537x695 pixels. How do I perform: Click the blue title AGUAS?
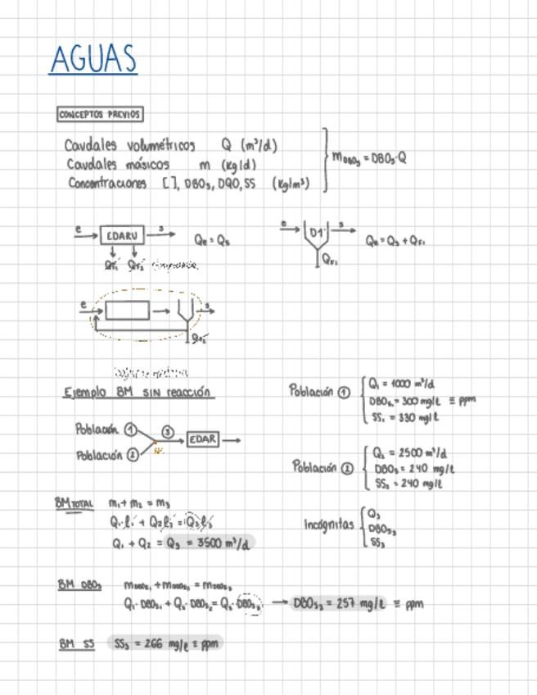pos(93,59)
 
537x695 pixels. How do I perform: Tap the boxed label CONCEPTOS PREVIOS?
pos(100,115)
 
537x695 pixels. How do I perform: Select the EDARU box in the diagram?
pos(122,235)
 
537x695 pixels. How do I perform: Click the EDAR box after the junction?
pos(203,439)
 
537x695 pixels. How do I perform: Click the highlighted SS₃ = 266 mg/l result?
pos(164,643)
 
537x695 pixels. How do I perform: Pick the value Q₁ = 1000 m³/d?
pos(401,384)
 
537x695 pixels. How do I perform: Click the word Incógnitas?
pos(329,525)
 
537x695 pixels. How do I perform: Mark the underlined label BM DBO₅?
pos(79,585)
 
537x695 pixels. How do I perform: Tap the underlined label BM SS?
pos(76,644)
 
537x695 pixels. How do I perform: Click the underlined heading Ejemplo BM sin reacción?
pos(138,392)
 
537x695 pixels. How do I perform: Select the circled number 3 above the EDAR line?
pos(167,431)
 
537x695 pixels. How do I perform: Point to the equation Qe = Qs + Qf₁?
pos(395,241)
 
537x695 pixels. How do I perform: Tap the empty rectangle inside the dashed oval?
pos(128,311)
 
